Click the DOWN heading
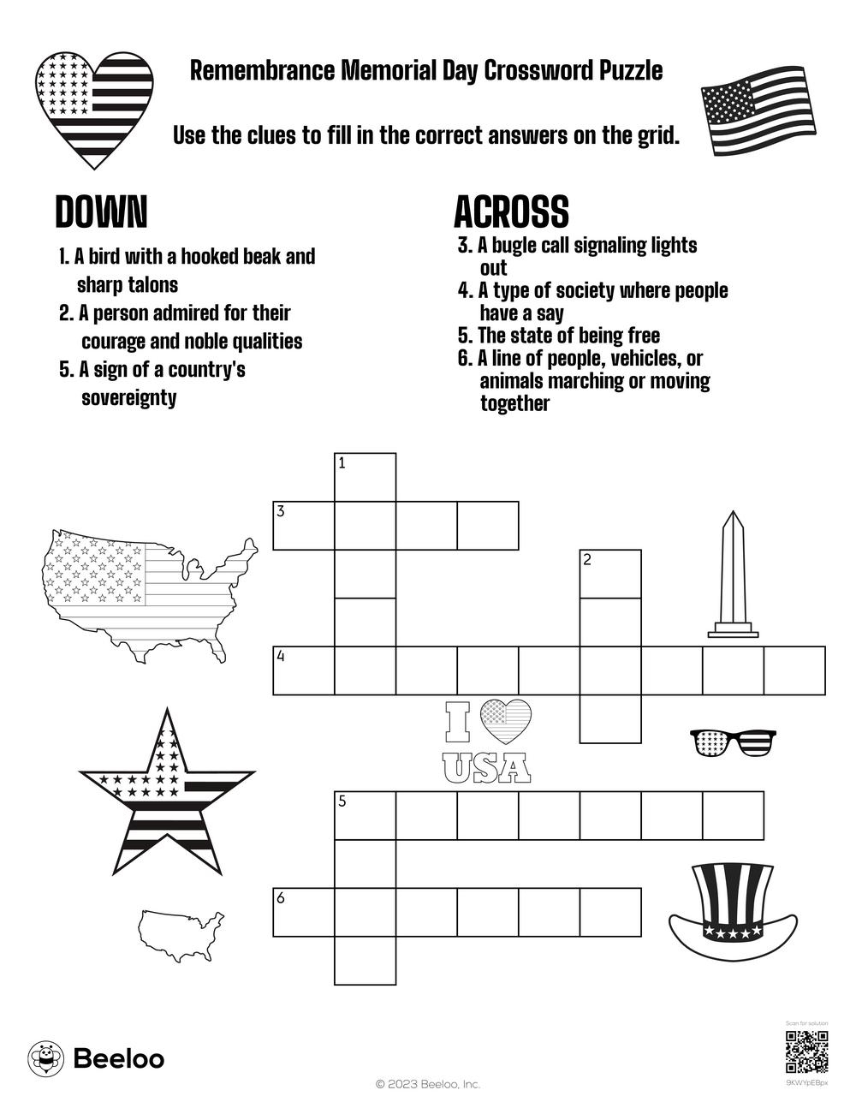tap(101, 211)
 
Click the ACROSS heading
tap(511, 211)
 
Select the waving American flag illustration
tap(757, 109)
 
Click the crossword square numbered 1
tap(365, 477)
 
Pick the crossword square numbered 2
tap(610, 574)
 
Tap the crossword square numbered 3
tap(303, 525)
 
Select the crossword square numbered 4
tap(303, 670)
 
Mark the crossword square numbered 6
tap(303, 911)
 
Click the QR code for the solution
tap(806, 1052)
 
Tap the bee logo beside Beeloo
tap(45, 1058)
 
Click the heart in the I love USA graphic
tap(505, 721)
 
